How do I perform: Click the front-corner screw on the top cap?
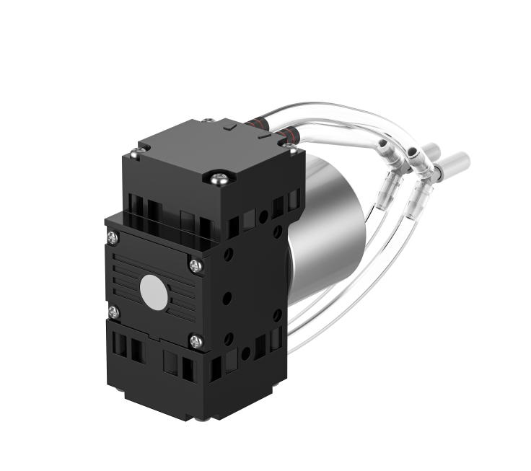coord(218,175)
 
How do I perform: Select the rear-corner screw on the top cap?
coord(208,122)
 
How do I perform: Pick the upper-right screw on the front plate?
coord(196,265)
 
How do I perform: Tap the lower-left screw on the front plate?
coord(113,312)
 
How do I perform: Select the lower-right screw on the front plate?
coord(196,340)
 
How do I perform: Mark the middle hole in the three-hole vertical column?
coord(227,296)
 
